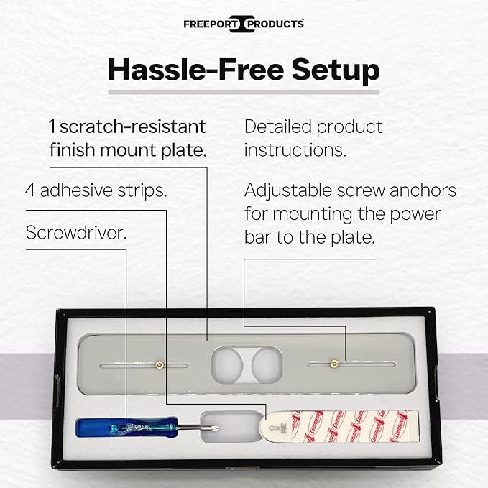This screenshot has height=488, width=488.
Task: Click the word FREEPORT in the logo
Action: point(211,24)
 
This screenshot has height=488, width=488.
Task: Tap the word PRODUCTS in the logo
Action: point(275,24)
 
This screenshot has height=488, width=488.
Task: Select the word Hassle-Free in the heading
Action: point(195,69)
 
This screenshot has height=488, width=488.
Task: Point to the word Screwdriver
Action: point(76,232)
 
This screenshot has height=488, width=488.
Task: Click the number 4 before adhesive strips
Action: point(30,190)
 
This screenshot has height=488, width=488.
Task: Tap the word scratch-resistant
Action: point(133,126)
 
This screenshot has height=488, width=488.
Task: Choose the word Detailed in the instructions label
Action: point(277,126)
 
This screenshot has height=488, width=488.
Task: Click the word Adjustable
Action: point(288,190)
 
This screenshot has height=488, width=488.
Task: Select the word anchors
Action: point(423,190)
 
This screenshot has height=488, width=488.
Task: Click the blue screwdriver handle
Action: point(126,428)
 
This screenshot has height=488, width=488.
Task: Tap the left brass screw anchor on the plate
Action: point(160,364)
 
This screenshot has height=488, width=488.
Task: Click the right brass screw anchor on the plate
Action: point(335,363)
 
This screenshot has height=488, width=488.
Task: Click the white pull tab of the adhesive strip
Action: point(275,427)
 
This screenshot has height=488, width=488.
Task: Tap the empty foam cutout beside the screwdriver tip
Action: point(231,427)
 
